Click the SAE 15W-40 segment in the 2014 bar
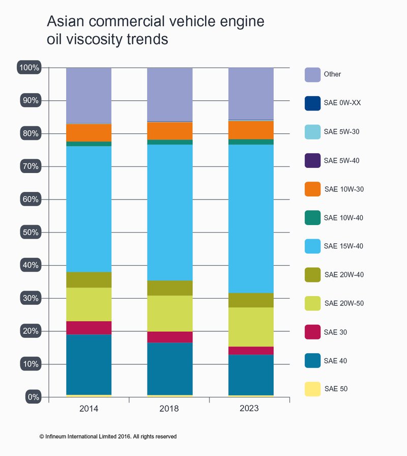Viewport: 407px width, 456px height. click(x=89, y=209)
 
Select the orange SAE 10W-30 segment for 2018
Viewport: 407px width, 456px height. click(x=170, y=131)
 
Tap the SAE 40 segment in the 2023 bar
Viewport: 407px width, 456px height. click(x=251, y=375)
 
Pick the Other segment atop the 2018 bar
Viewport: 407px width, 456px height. click(x=170, y=94)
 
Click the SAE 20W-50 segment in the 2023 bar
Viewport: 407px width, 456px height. click(x=251, y=327)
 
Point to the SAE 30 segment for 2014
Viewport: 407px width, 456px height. click(x=89, y=327)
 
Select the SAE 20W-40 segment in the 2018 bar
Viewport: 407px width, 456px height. click(x=170, y=288)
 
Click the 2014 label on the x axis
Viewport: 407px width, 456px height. click(x=89, y=409)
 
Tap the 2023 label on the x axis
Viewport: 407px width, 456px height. click(x=251, y=409)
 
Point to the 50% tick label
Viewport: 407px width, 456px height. click(x=30, y=232)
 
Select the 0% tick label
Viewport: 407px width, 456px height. click(x=32, y=397)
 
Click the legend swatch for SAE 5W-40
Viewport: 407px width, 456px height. click(x=312, y=160)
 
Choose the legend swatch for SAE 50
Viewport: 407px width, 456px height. click(x=312, y=389)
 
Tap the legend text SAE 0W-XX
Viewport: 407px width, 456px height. click(x=342, y=103)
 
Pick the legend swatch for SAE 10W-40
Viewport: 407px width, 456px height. click(x=312, y=218)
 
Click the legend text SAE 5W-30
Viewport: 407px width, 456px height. click(x=342, y=132)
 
